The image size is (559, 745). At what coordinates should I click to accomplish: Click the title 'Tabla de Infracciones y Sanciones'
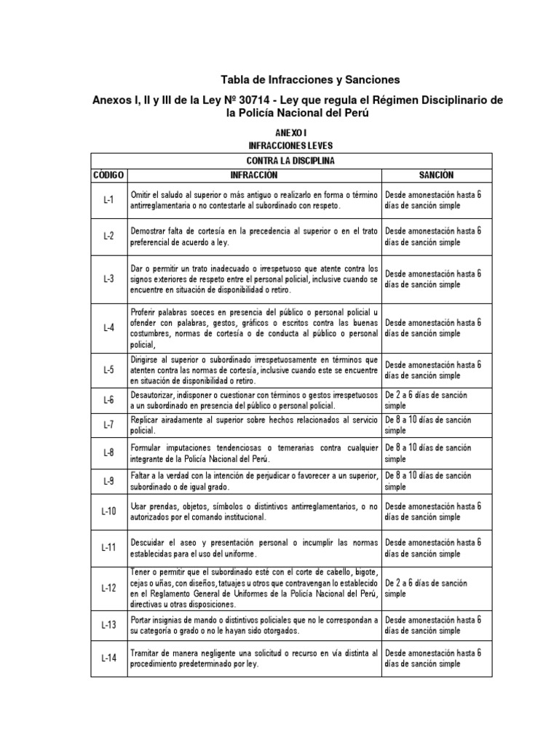(311, 79)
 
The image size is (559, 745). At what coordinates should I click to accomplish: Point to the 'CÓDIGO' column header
(108, 175)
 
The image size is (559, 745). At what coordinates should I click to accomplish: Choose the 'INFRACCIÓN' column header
(254, 175)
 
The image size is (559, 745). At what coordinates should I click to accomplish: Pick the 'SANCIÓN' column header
(436, 175)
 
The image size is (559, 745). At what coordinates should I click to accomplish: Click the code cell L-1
(108, 200)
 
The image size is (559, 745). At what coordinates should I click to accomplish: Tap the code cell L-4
(108, 327)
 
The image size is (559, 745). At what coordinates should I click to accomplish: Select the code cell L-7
(108, 426)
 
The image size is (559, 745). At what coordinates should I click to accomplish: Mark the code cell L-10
(108, 511)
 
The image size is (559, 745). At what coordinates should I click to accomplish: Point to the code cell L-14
(108, 658)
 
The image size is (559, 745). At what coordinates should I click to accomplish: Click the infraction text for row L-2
(254, 236)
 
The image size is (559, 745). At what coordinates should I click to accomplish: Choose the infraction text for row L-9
(254, 481)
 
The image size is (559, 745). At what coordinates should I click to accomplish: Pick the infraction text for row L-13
(254, 624)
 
